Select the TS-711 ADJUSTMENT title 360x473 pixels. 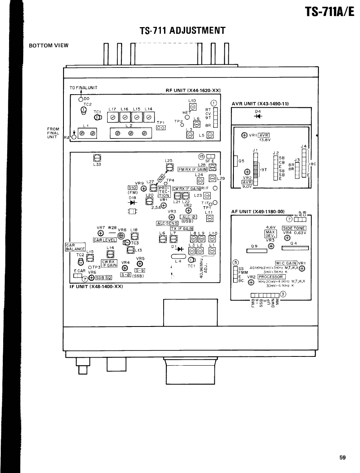(x=183, y=31)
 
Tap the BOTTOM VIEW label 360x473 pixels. (x=49, y=45)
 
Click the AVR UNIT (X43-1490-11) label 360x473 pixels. (x=260, y=103)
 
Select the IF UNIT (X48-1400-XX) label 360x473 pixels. (x=92, y=286)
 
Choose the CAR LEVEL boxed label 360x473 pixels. (x=105, y=240)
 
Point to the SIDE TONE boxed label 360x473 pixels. (x=294, y=228)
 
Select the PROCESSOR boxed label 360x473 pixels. (x=272, y=277)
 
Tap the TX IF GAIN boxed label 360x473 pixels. (x=182, y=228)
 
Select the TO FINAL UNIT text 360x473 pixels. (x=84, y=87)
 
